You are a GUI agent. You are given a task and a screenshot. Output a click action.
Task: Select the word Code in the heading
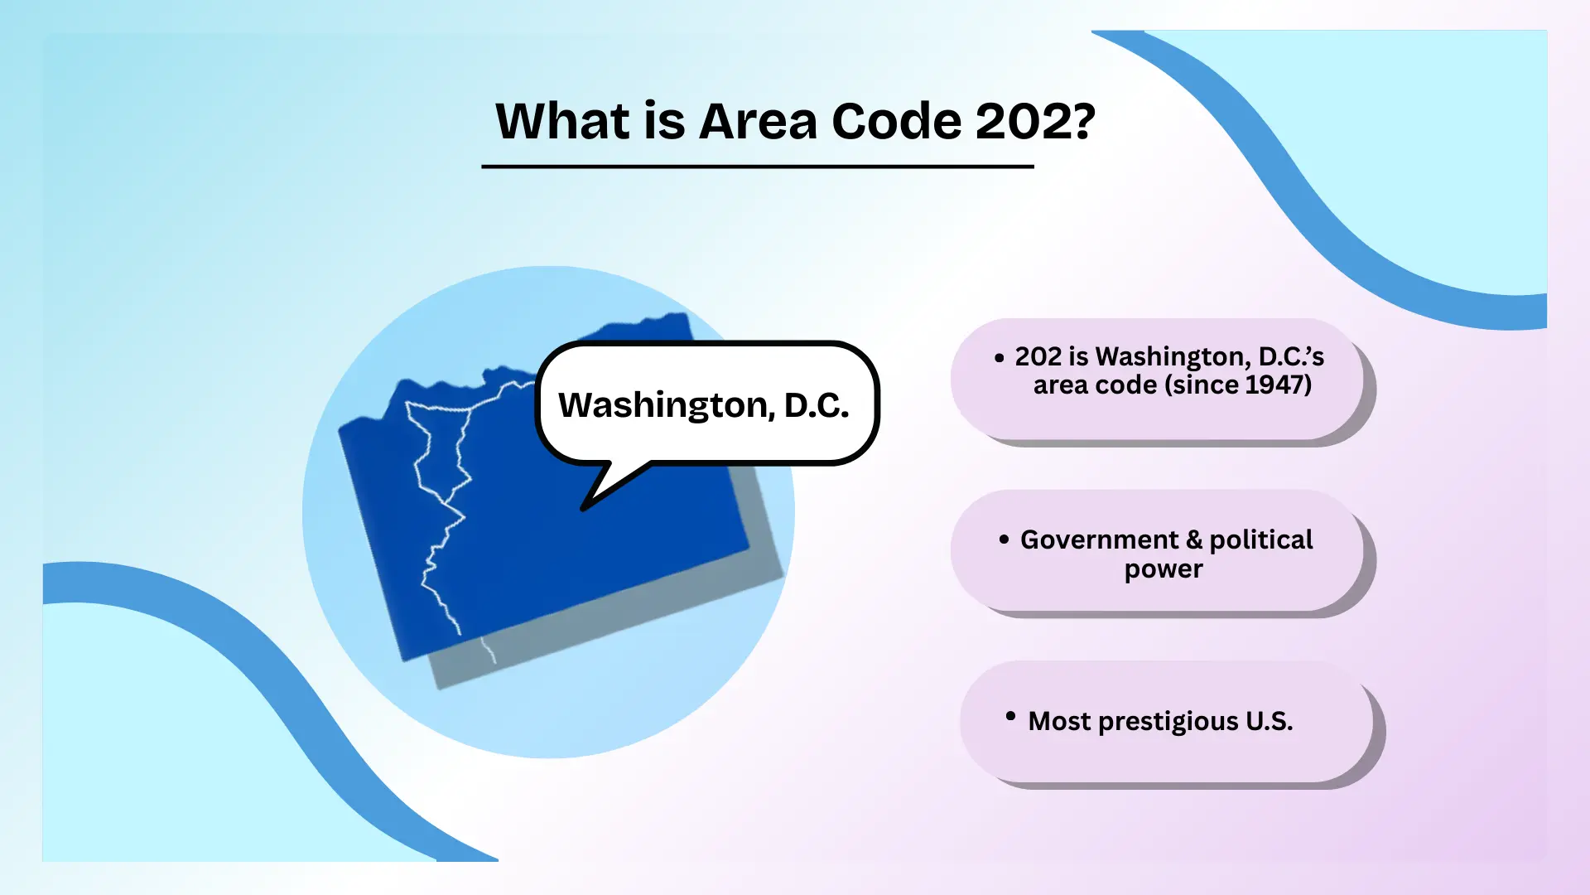(x=897, y=121)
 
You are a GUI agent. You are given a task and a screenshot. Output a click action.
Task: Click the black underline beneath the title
(x=758, y=167)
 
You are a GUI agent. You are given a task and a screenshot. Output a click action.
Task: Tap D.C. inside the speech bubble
(x=817, y=404)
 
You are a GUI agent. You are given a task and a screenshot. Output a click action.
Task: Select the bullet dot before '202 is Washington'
(x=999, y=358)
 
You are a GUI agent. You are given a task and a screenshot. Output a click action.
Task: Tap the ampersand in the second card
(x=1193, y=539)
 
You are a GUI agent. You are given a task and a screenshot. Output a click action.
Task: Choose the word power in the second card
(x=1164, y=570)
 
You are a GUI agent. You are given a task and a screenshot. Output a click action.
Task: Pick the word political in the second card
(x=1261, y=539)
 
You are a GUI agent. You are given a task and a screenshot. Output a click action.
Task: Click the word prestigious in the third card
(x=1168, y=722)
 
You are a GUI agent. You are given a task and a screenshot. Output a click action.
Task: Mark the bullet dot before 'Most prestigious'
(x=1010, y=716)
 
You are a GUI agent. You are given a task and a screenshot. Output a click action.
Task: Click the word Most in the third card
(x=1060, y=721)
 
